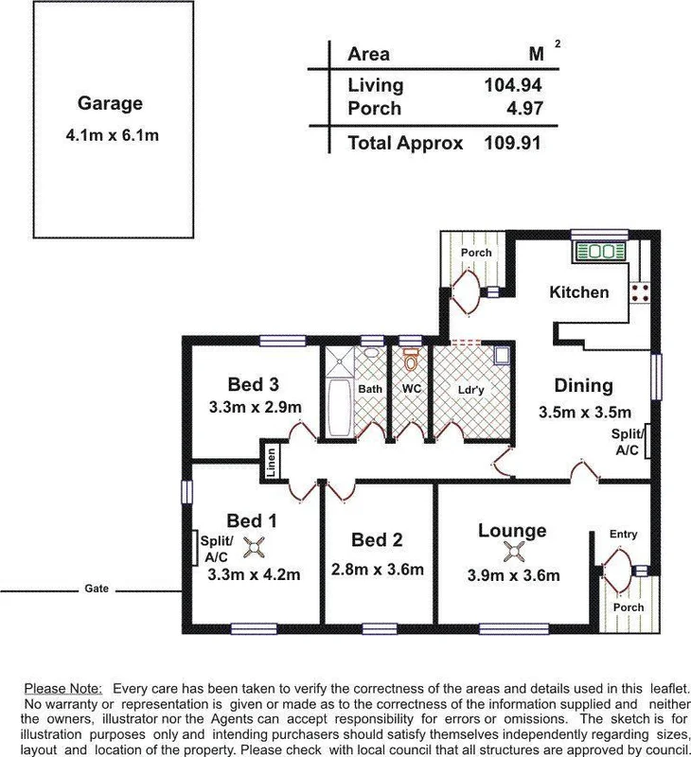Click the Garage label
(x=110, y=104)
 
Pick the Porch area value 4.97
(x=522, y=109)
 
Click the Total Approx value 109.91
(x=509, y=144)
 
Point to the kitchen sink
(x=598, y=252)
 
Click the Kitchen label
(x=579, y=292)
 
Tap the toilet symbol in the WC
(x=411, y=361)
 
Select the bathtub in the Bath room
(x=338, y=408)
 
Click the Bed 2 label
(x=377, y=540)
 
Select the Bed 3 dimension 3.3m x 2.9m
(x=255, y=408)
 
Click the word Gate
(x=96, y=589)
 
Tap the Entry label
(x=623, y=535)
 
